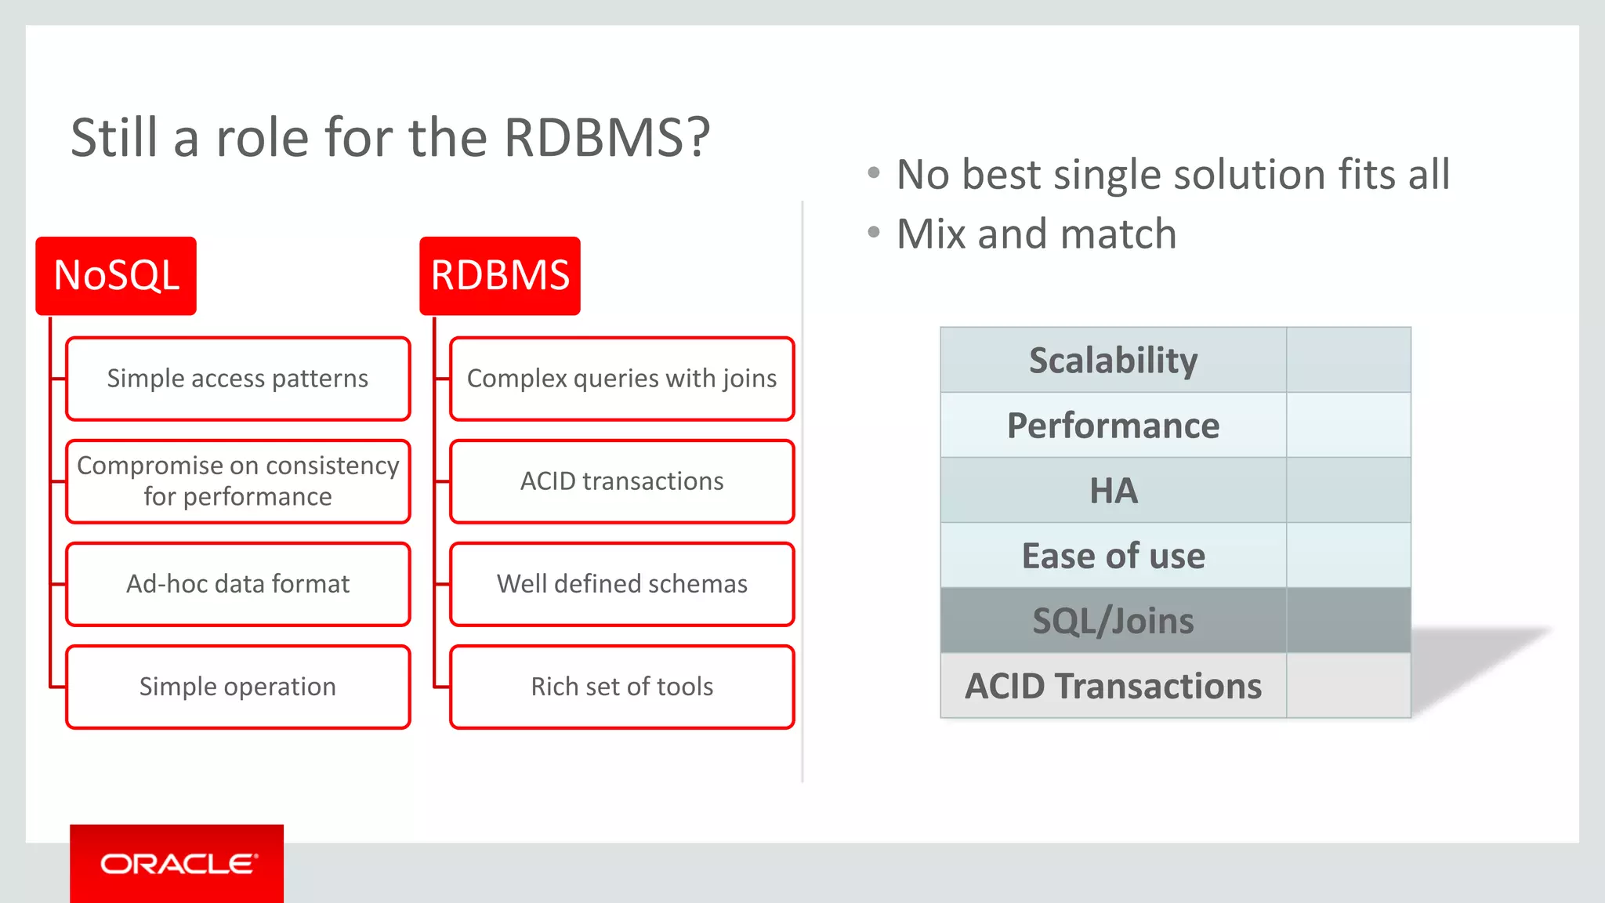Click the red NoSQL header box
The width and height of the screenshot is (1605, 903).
click(116, 276)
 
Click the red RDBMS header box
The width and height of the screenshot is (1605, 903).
click(500, 276)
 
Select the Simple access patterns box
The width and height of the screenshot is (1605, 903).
click(238, 379)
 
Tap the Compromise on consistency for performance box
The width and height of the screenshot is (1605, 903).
click(238, 481)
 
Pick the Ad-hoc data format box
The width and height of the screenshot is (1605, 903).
click(238, 584)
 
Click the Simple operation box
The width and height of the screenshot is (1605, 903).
click(238, 687)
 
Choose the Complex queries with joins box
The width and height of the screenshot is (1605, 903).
click(622, 379)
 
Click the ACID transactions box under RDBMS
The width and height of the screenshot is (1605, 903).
click(622, 481)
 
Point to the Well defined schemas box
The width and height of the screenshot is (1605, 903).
click(622, 584)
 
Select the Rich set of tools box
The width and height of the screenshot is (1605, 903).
click(622, 687)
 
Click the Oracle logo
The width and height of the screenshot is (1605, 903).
click(177, 864)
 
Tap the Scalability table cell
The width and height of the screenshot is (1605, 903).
click(1113, 361)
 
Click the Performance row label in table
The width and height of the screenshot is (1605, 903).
click(1113, 426)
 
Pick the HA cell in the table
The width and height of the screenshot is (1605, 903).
click(1113, 491)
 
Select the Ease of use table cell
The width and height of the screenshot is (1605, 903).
click(1113, 556)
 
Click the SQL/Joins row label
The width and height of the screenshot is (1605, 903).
click(1113, 621)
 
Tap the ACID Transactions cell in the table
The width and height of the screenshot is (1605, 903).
click(1113, 686)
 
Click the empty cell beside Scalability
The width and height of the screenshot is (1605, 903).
click(1348, 361)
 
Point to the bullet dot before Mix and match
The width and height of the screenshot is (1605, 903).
click(874, 232)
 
